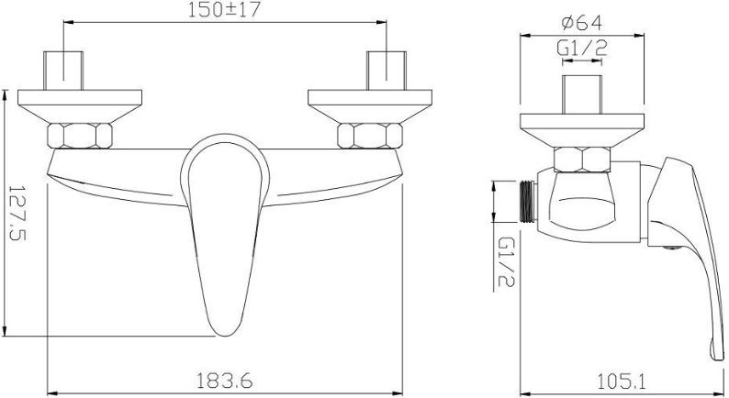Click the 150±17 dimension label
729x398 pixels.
click(x=224, y=10)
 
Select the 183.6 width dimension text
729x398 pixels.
click(x=225, y=381)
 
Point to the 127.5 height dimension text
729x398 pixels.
click(x=17, y=213)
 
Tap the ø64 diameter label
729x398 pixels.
click(x=581, y=23)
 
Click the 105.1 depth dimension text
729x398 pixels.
click(x=622, y=381)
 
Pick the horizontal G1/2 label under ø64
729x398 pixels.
click(x=581, y=49)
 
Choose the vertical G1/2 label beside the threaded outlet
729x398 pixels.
click(x=506, y=262)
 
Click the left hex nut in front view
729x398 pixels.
click(x=80, y=136)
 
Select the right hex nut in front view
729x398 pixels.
click(x=370, y=136)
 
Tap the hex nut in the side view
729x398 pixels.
click(x=582, y=160)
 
